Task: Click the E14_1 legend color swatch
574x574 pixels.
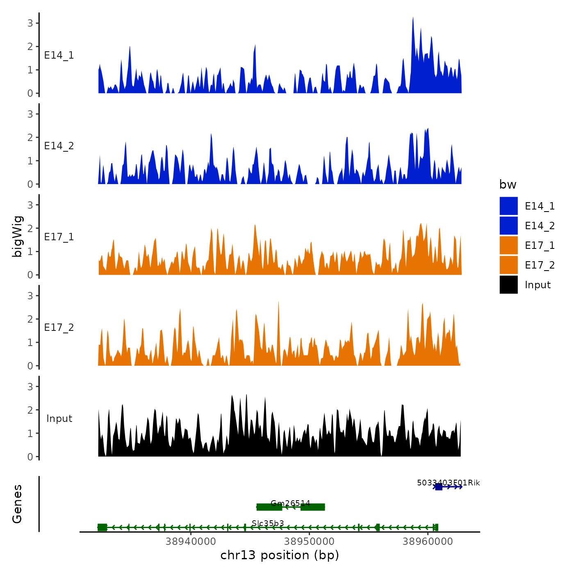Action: click(508, 206)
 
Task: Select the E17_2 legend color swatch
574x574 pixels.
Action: click(508, 265)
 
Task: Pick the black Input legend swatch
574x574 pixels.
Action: click(508, 285)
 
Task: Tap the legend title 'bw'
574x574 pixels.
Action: click(508, 184)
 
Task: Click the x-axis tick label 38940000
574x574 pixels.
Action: click(191, 542)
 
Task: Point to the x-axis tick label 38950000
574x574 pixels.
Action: click(309, 542)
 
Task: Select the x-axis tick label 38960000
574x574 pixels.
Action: click(428, 542)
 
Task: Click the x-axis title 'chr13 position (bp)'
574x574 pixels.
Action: click(280, 555)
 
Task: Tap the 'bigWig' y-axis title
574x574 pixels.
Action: click(18, 236)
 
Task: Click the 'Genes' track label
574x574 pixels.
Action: click(17, 504)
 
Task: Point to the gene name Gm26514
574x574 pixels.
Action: click(290, 503)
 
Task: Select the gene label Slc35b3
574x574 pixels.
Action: click(268, 523)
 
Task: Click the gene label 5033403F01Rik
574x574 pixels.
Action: click(448, 483)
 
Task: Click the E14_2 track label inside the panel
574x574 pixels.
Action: click(59, 146)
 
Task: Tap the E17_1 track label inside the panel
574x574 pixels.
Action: click(59, 237)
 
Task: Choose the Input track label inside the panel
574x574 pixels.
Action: click(59, 419)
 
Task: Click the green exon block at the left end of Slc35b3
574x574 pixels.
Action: click(102, 527)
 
